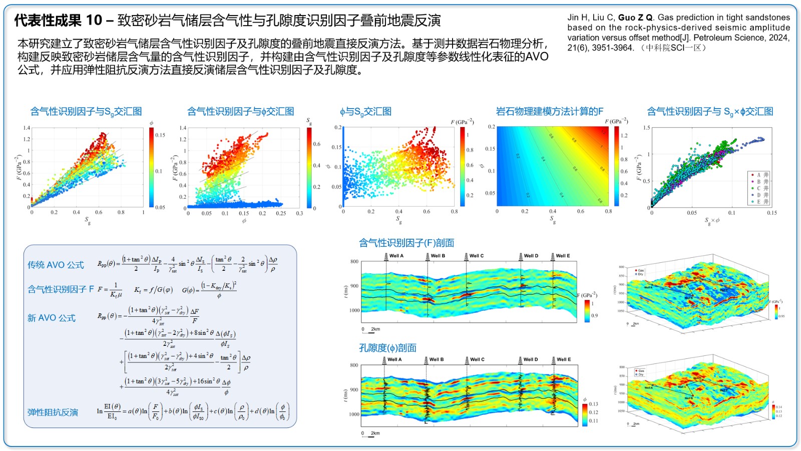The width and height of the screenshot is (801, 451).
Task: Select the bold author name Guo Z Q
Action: coord(635,18)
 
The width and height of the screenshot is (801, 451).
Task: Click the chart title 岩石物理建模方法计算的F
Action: coord(549,111)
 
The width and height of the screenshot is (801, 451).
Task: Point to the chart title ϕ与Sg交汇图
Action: coord(365,112)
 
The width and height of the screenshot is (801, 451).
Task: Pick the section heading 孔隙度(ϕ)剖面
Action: coord(387,348)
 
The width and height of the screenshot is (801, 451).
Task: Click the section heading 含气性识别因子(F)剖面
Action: coord(407,243)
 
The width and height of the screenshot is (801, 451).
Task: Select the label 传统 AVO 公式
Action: coord(56,265)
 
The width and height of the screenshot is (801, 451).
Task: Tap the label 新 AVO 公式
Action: coord(52,318)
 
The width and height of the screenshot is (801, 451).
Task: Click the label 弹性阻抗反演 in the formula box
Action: coord(53,412)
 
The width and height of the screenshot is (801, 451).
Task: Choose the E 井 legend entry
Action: coord(760,202)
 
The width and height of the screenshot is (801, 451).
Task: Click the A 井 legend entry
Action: coord(760,175)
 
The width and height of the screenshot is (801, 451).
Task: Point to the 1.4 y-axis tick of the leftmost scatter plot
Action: coord(27,128)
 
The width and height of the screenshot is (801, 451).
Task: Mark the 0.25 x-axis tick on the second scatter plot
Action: coord(281,213)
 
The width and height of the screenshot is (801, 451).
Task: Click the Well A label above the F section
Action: coord(396,256)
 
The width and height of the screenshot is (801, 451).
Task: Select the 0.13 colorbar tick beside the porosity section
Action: coord(593,404)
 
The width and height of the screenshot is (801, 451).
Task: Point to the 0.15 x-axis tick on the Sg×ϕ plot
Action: coord(771,213)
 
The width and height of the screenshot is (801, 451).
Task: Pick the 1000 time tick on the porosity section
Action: coord(354,414)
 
